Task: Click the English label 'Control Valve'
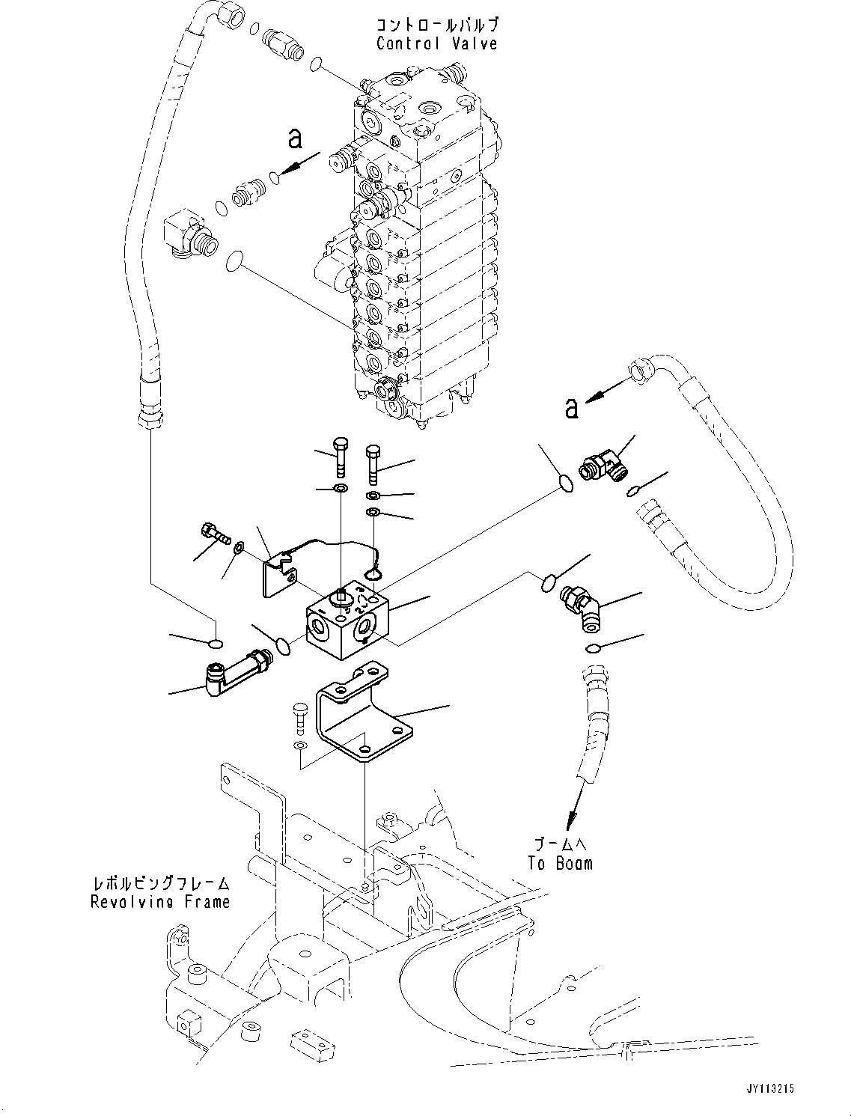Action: [x=436, y=43]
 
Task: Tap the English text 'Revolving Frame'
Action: [x=160, y=902]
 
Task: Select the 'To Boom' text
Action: [x=560, y=863]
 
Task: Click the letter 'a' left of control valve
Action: [x=296, y=138]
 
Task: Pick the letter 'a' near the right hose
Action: [x=572, y=408]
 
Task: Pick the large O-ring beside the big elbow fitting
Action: [x=234, y=261]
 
